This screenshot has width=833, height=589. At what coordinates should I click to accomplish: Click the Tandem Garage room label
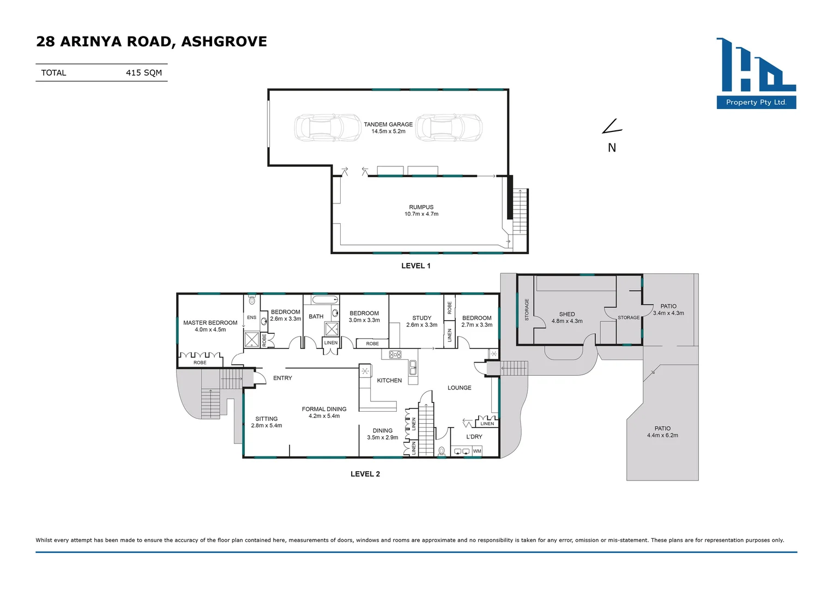[x=388, y=128]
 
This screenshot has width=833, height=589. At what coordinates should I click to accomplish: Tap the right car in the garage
[x=449, y=128]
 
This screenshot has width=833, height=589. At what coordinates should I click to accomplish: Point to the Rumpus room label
[x=421, y=211]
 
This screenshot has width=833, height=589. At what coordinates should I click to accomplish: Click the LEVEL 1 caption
[x=416, y=266]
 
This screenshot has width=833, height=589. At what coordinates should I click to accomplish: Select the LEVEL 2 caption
[x=365, y=474]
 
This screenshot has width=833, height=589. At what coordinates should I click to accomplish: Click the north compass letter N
[x=612, y=148]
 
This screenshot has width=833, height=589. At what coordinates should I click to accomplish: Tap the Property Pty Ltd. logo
[x=756, y=73]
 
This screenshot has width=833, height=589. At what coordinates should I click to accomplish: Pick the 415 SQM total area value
[x=144, y=73]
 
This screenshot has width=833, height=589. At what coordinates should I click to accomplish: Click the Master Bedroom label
[x=210, y=326]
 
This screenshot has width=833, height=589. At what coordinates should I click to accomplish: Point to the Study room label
[x=421, y=321]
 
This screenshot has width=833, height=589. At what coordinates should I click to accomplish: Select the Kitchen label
[x=389, y=381]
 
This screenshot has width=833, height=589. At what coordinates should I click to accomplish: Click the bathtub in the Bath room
[x=325, y=299]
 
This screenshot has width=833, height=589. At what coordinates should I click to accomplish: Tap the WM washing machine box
[x=477, y=451]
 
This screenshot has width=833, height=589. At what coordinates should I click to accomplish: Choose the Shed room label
[x=567, y=317]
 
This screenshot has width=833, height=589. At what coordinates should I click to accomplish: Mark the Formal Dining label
[x=324, y=412]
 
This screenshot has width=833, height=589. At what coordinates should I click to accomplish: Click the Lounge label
[x=460, y=388]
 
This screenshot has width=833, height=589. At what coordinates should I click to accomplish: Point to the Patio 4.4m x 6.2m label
[x=662, y=432]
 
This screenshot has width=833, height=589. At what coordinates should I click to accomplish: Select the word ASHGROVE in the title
[x=224, y=41]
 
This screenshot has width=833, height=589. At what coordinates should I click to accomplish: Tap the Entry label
[x=282, y=378]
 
